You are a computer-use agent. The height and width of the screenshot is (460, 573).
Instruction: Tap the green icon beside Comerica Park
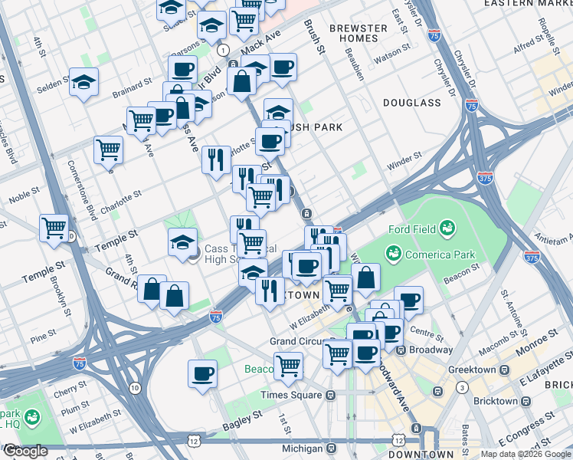click(x=395, y=252)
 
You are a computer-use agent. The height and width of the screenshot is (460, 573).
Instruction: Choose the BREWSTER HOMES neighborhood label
click(x=358, y=33)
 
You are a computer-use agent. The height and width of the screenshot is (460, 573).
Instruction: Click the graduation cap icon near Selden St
click(x=83, y=82)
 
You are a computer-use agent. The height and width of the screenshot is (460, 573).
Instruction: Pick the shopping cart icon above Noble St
click(x=108, y=148)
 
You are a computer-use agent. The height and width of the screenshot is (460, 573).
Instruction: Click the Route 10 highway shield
click(x=135, y=389)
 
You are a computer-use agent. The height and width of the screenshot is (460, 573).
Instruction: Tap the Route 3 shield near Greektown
click(x=463, y=388)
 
